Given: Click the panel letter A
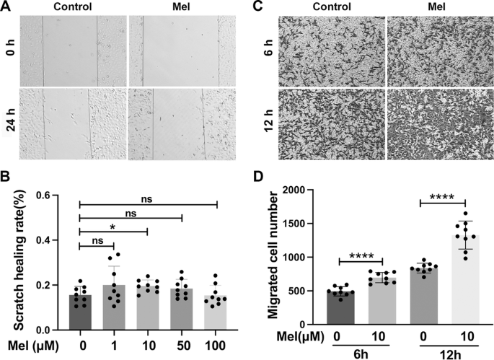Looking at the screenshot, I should click(x=6, y=6).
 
